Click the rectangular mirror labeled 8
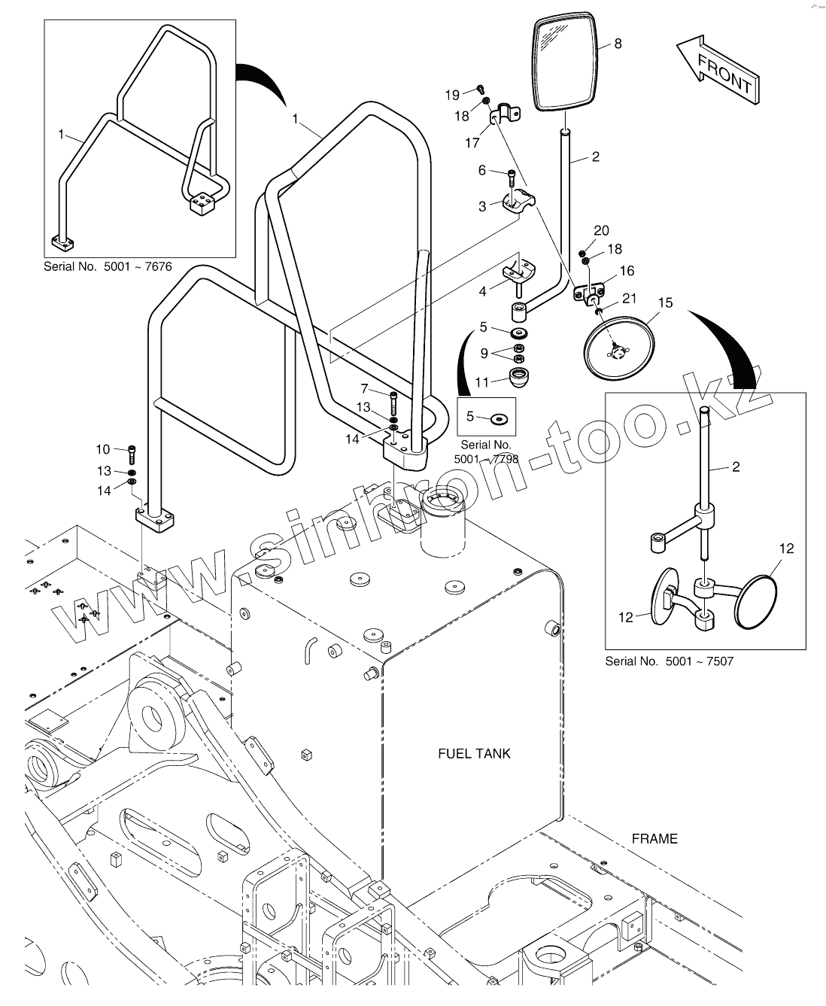(x=566, y=64)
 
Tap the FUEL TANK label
(x=474, y=753)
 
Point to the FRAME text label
(x=654, y=838)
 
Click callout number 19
(x=452, y=95)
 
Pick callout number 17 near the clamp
(x=472, y=142)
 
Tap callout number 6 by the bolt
(x=482, y=171)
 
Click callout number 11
(x=481, y=382)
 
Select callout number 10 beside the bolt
(x=102, y=450)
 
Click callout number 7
(x=364, y=389)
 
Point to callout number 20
(x=601, y=231)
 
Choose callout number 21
(x=630, y=299)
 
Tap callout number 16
(x=627, y=271)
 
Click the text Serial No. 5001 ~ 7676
(x=108, y=266)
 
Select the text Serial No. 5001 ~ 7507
(x=669, y=661)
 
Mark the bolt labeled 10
(x=133, y=454)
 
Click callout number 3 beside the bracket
(x=482, y=207)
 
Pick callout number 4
(x=482, y=290)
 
